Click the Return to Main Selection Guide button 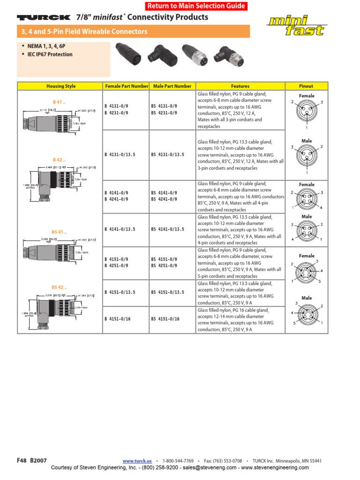[196, 6]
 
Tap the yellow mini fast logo [297, 26]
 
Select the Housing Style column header [61, 86]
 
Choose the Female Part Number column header [127, 86]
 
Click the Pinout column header [306, 86]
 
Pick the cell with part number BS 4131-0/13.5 [168, 155]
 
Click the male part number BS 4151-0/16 [165, 319]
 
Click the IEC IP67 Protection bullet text [49, 54]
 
